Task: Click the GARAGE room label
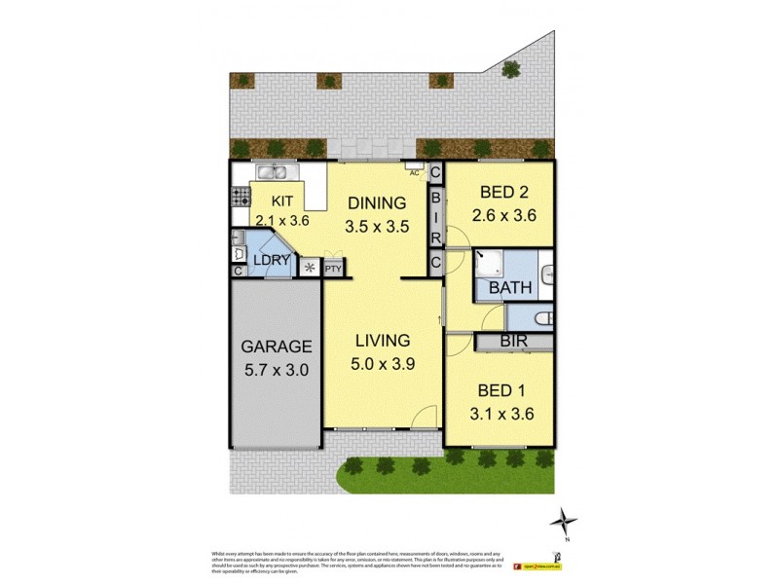click(278, 347)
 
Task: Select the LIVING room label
click(382, 341)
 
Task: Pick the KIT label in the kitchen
click(282, 201)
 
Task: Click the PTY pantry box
click(333, 268)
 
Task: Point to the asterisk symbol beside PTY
click(310, 268)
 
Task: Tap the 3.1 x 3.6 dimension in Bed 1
click(501, 414)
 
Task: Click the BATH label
click(509, 288)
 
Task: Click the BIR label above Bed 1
click(513, 342)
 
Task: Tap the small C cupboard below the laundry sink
click(239, 271)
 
